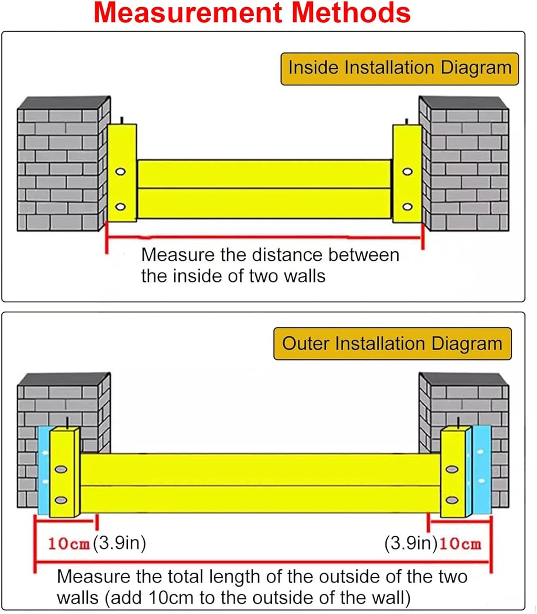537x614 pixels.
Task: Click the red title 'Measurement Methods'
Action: [x=252, y=13]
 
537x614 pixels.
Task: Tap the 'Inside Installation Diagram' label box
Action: [x=399, y=68]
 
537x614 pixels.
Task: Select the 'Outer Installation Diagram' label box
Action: [x=392, y=344]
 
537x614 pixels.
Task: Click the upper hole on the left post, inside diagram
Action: [x=120, y=172]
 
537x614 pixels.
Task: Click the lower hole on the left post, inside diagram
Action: [x=120, y=207]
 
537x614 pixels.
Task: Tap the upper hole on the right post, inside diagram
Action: [x=407, y=172]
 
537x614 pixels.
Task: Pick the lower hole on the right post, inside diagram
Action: [x=407, y=207]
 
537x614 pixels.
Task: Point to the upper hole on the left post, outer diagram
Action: [x=61, y=469]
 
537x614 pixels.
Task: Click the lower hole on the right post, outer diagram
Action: [x=452, y=500]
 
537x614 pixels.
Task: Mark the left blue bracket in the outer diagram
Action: [x=43, y=471]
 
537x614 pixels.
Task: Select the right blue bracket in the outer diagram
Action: [x=482, y=471]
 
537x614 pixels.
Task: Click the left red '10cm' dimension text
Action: [x=68, y=544]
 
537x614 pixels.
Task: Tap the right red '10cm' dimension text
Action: [x=460, y=544]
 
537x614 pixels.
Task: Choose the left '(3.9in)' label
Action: [x=120, y=543]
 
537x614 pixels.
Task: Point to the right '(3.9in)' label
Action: [x=411, y=543]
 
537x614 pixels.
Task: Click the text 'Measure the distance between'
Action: [x=270, y=255]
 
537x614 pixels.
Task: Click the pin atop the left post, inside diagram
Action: [x=122, y=120]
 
